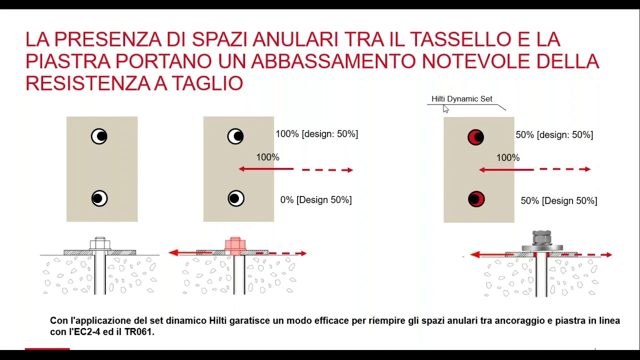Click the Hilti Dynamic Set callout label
click(461, 99)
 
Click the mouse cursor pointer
click(445, 109)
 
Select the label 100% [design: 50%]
click(316, 134)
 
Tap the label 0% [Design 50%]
click(315, 200)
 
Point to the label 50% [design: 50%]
click(554, 135)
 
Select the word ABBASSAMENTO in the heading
click(333, 61)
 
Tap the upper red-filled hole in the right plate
click(475, 137)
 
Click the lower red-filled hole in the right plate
click(476, 199)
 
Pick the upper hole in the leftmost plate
click(99, 136)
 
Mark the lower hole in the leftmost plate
click(99, 198)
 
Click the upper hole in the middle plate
click(235, 136)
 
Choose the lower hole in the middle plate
click(236, 198)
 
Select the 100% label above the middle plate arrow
click(267, 157)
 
